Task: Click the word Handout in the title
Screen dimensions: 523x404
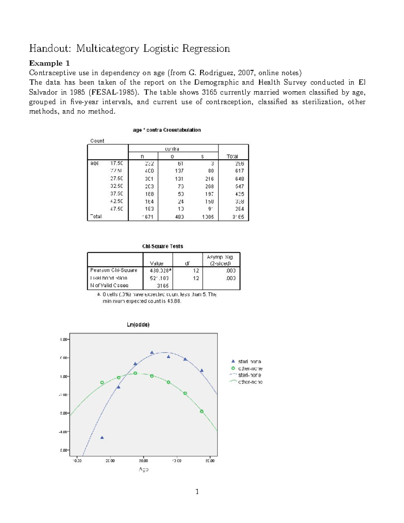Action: coord(50,48)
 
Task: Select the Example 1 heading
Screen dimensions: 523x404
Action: coord(49,63)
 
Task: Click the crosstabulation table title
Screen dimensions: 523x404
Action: coord(167,130)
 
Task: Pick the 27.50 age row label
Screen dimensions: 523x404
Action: coord(116,178)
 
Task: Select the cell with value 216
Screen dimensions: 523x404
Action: coord(209,179)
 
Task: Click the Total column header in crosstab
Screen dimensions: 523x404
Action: coord(232,156)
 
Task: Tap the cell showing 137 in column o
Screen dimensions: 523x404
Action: coord(179,171)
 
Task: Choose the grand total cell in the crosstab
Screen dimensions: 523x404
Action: coord(238,217)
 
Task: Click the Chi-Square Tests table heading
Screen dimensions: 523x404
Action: coord(163,246)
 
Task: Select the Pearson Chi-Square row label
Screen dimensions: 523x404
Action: coord(114,270)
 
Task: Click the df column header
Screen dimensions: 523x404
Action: coord(187,263)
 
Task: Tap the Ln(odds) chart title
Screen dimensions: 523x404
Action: coord(138,325)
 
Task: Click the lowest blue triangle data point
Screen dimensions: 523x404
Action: coord(102,437)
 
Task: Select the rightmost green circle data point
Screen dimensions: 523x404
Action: coord(202,411)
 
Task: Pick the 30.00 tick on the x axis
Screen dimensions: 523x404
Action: coord(143,460)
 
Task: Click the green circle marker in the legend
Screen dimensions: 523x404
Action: coord(233,368)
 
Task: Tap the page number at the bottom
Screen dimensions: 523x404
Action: coord(197,492)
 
